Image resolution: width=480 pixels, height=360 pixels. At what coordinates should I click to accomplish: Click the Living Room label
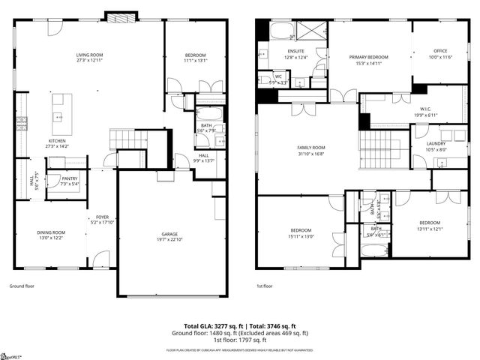point(89,55)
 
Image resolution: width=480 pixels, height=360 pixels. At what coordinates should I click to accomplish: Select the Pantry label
point(59,178)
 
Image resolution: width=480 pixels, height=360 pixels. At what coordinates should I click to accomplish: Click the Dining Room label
point(51,232)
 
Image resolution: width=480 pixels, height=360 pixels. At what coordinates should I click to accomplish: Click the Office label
point(439,51)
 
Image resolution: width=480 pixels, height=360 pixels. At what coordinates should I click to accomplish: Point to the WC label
point(277,76)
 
